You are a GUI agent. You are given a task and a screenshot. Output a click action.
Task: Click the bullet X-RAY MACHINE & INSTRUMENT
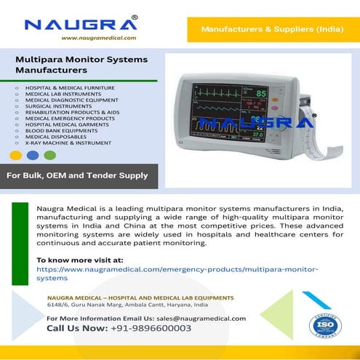(x=68, y=143)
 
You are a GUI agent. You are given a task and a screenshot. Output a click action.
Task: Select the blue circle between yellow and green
(x=32, y=155)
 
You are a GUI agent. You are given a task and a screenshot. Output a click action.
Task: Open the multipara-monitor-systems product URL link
(x=177, y=273)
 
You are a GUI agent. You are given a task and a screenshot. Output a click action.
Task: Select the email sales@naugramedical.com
(x=200, y=318)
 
